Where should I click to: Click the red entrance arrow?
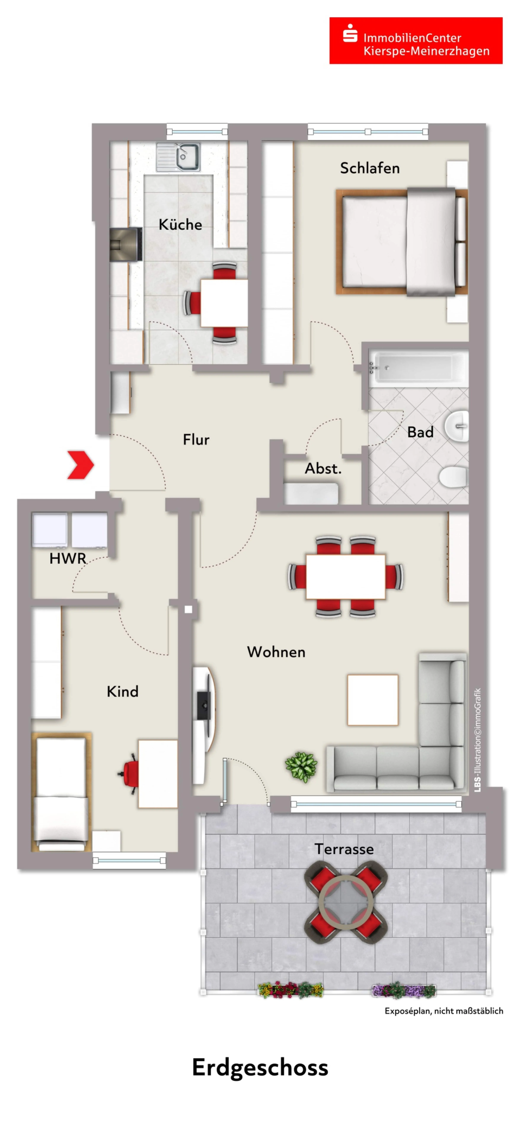tap(80, 465)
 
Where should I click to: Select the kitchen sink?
tap(178, 157)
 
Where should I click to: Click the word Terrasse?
tap(344, 849)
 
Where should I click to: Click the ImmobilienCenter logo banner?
tap(416, 41)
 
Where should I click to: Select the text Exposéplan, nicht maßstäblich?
tap(444, 1011)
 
